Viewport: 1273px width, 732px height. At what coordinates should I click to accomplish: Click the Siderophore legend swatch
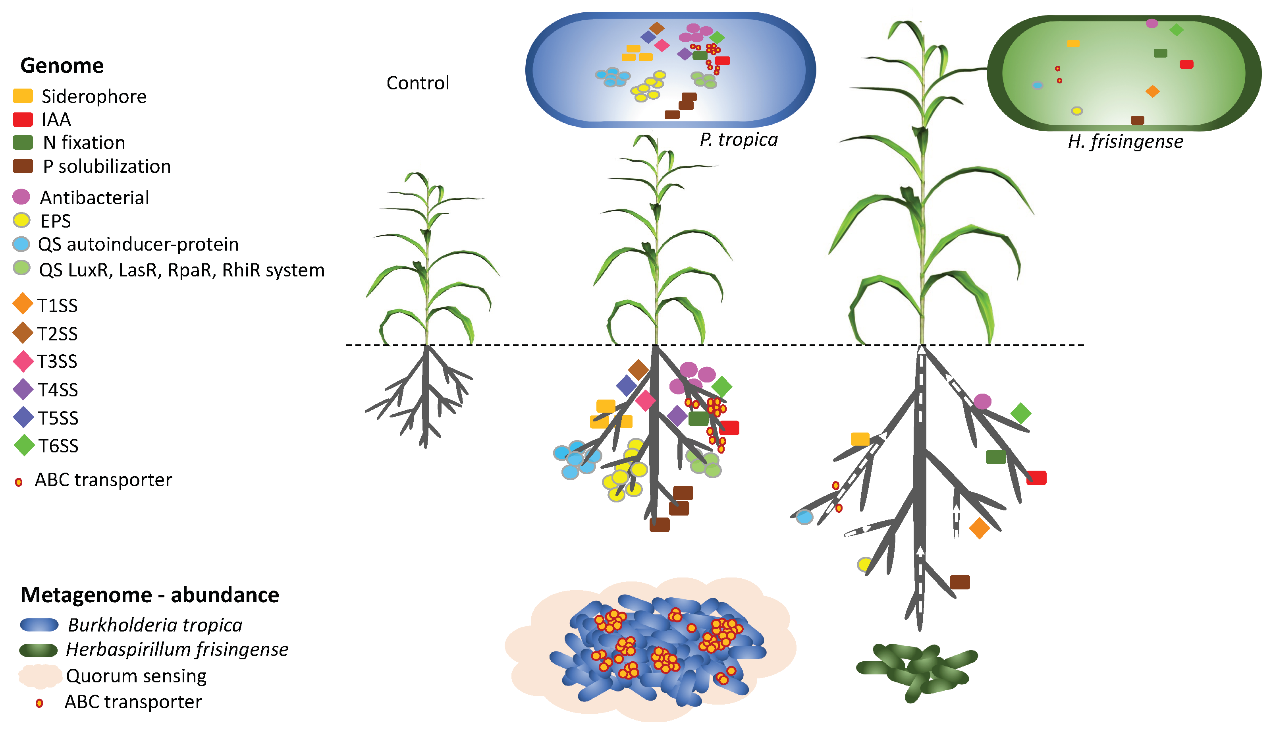(23, 96)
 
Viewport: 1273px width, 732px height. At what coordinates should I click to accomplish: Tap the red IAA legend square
(23, 119)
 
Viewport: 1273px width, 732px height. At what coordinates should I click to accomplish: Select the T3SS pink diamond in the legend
(23, 361)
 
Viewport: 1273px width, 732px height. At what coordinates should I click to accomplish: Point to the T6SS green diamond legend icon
(23, 445)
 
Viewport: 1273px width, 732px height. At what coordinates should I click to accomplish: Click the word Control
(418, 83)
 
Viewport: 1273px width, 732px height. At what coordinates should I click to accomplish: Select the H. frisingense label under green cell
(1125, 141)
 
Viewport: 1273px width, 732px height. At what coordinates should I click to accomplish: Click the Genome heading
(62, 66)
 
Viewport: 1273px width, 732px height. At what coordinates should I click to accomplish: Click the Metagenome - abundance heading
(150, 595)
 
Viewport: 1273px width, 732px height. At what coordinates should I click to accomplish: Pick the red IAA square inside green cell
(1186, 64)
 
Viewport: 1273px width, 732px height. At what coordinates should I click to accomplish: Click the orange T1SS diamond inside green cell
(1152, 91)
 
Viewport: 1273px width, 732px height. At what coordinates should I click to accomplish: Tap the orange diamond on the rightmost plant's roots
(979, 528)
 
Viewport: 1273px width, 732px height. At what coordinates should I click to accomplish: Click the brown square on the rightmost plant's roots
(960, 582)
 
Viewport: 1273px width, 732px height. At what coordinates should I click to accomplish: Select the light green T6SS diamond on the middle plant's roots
(722, 386)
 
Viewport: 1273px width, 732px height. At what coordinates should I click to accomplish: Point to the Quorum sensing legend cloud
(40, 676)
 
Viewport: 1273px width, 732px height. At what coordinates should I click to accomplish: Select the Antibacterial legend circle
(21, 197)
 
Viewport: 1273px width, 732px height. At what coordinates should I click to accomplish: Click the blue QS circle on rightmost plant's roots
(804, 517)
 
